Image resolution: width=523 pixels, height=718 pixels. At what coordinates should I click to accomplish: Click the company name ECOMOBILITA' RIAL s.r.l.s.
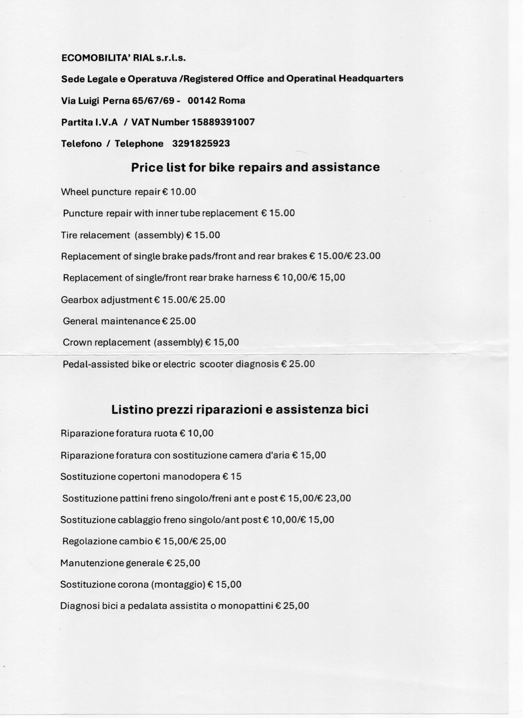point(123,58)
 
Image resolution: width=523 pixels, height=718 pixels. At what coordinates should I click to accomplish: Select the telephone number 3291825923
point(201,144)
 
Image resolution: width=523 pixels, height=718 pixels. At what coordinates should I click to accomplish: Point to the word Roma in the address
point(232,101)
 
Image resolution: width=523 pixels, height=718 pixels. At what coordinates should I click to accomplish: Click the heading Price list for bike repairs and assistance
point(255,168)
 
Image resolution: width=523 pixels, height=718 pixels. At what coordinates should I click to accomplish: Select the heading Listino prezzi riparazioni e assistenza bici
point(240,410)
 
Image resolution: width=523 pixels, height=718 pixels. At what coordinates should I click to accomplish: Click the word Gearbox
point(80,300)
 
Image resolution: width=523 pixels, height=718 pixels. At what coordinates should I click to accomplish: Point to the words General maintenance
point(111,321)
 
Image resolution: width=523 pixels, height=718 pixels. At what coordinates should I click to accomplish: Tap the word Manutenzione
point(92,563)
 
